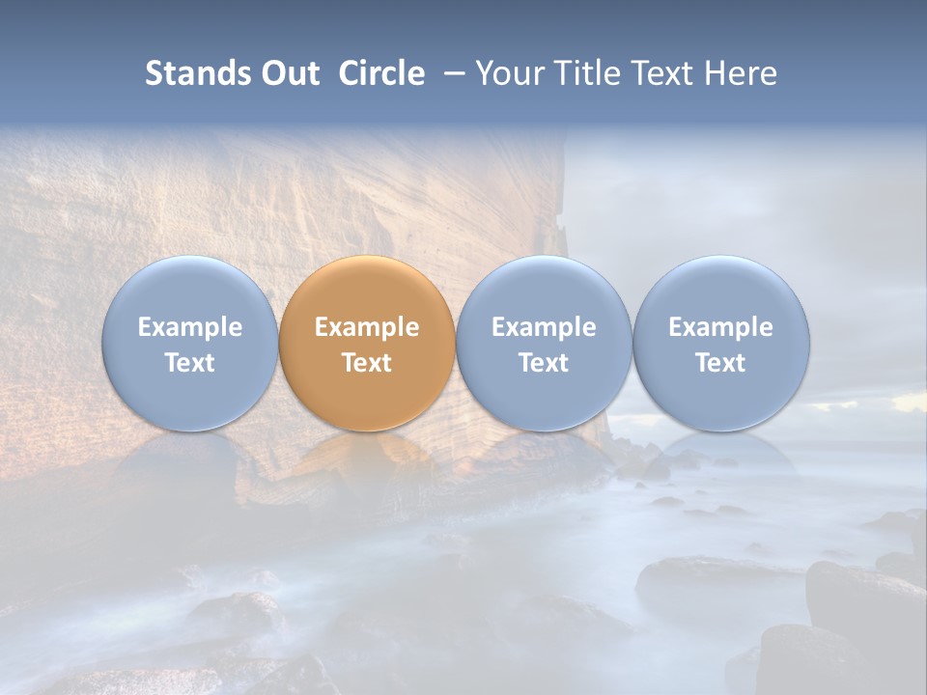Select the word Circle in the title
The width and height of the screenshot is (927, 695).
[381, 73]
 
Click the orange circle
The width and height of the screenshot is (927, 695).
[367, 343]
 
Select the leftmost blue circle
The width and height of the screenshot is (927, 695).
[190, 343]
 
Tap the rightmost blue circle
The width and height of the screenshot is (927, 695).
[721, 343]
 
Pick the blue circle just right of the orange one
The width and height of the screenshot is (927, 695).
[544, 343]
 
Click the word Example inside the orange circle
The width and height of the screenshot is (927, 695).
[367, 327]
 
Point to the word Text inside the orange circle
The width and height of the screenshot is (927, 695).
[367, 363]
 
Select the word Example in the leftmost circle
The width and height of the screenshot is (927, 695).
[190, 327]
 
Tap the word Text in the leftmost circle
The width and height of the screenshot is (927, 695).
[190, 363]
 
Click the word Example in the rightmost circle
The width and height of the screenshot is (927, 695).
[721, 327]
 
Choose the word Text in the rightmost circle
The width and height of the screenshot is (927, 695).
[721, 363]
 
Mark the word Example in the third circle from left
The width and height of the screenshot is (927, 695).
[544, 327]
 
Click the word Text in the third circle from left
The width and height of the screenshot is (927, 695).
[544, 363]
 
